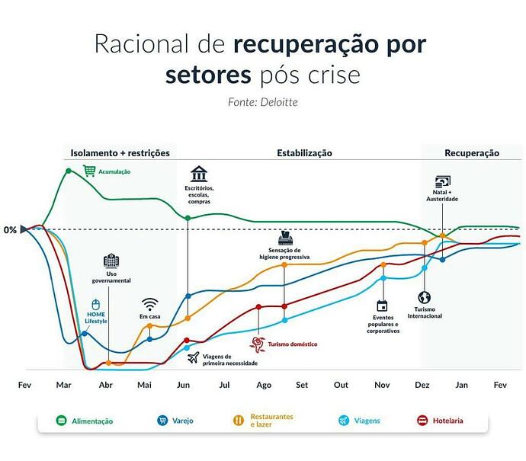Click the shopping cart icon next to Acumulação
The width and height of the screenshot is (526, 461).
click(x=89, y=171)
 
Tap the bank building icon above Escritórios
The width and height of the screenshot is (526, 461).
click(x=199, y=174)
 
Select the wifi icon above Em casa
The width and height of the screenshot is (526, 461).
click(x=149, y=304)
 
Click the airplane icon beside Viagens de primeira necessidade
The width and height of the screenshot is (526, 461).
click(x=194, y=357)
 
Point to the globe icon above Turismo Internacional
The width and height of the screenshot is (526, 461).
click(x=425, y=297)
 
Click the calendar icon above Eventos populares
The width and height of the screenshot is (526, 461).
click(x=382, y=306)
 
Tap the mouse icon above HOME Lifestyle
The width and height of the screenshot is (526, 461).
click(x=96, y=305)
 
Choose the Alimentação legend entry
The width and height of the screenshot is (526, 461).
click(x=85, y=421)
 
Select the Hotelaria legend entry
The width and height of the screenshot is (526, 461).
click(x=440, y=421)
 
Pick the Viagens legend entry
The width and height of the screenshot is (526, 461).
click(x=359, y=421)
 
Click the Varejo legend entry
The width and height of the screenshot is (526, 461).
click(x=175, y=421)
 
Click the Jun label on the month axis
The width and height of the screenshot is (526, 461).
click(x=183, y=385)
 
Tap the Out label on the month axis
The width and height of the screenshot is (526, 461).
click(x=341, y=385)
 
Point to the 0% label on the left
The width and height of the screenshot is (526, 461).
click(x=10, y=230)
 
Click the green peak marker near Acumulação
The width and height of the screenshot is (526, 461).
click(x=69, y=171)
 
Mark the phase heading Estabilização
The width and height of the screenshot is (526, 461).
click(x=304, y=153)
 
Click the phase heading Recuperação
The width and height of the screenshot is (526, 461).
click(x=472, y=153)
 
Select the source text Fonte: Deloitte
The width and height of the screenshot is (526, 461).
click(x=263, y=102)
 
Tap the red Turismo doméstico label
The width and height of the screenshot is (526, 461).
click(x=293, y=344)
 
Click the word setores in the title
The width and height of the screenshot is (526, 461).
click(x=208, y=75)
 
